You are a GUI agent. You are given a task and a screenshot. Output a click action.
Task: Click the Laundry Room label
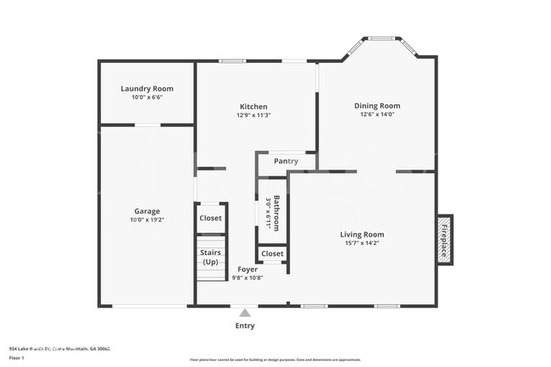147,88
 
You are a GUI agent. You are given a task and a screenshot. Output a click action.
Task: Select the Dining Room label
376,106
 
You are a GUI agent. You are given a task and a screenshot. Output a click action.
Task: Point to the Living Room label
362,235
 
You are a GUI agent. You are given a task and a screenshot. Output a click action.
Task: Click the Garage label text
147,211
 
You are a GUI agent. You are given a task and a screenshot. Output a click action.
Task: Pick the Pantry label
286,161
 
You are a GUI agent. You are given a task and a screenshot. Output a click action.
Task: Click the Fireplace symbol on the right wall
443,239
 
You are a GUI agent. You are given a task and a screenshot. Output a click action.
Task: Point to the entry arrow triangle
245,313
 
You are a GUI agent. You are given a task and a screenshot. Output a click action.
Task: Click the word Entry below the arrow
244,325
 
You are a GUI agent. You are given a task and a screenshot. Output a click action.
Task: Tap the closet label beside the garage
211,218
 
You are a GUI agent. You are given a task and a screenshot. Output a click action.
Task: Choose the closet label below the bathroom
272,253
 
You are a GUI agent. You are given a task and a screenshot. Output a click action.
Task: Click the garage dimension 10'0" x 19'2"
147,220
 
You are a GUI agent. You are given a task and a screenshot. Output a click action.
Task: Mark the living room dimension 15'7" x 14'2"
362,244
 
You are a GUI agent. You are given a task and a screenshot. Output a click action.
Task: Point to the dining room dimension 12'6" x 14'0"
376,115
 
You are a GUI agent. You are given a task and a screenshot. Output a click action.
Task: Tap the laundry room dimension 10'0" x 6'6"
147,97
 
